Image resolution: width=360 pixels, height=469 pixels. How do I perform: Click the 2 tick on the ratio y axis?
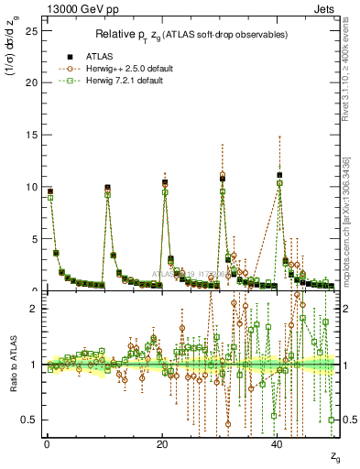pos(33,309)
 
